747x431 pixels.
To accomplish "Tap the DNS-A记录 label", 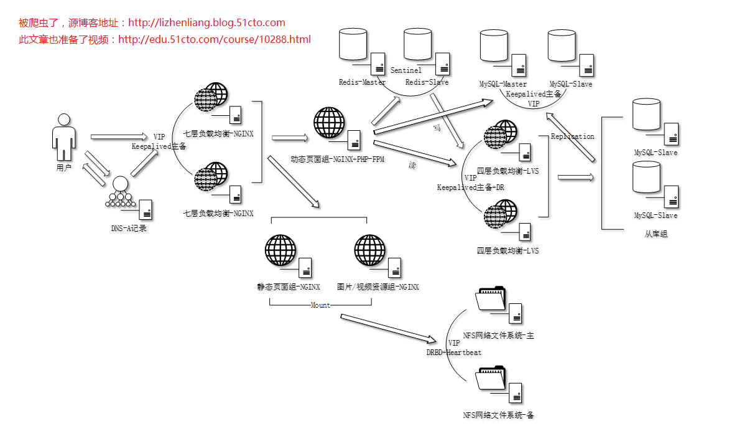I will click(129, 229).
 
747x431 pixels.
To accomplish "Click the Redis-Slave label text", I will click(427, 82).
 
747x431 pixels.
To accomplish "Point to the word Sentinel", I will click(406, 70).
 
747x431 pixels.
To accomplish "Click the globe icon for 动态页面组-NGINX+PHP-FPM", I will click(329, 123).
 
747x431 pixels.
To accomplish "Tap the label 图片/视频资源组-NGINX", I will click(378, 287).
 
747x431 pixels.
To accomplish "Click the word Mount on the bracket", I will click(320, 305).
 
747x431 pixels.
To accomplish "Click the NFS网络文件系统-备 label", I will click(498, 415).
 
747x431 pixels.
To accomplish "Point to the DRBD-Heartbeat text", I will click(453, 353).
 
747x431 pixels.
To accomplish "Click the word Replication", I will click(572, 136).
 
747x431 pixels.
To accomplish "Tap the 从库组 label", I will click(656, 235).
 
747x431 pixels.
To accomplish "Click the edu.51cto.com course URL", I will click(214, 40).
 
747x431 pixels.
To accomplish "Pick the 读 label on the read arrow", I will click(412, 165).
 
